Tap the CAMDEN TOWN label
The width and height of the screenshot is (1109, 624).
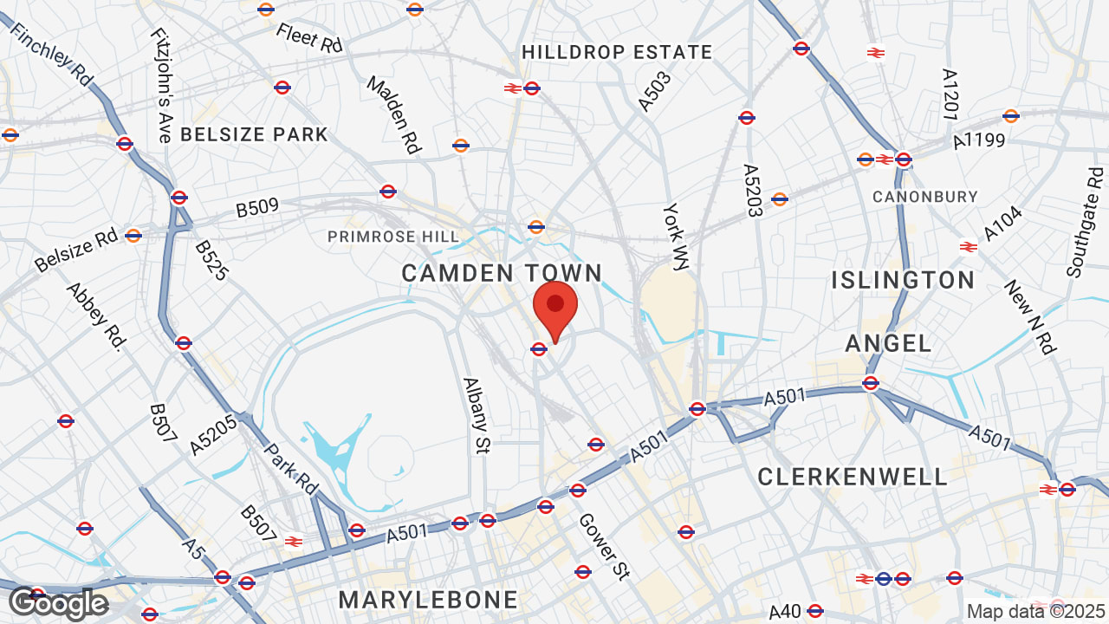click(502, 274)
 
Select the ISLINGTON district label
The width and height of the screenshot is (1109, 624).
click(903, 280)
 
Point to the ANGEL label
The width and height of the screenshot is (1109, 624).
click(888, 343)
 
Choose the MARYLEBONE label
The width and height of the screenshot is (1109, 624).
click(428, 600)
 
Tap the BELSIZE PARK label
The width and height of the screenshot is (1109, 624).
click(254, 134)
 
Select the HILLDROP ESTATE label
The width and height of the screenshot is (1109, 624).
click(617, 53)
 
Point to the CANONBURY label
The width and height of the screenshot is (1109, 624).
click(924, 197)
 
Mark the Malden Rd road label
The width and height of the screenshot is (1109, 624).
click(394, 115)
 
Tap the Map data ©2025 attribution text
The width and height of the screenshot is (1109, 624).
click(1035, 611)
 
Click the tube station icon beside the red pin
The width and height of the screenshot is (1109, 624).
click(538, 349)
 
